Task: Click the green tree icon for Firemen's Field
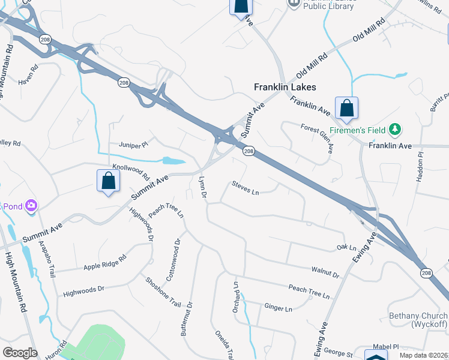[395, 129]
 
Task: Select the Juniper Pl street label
[133, 145]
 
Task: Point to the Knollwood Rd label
[130, 173]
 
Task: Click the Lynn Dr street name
[202, 188]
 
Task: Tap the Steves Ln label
[245, 188]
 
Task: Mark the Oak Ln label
[347, 247]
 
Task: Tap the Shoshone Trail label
[163, 291]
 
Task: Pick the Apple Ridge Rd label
[105, 263]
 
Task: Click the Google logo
[20, 353]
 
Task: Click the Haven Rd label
[28, 82]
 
